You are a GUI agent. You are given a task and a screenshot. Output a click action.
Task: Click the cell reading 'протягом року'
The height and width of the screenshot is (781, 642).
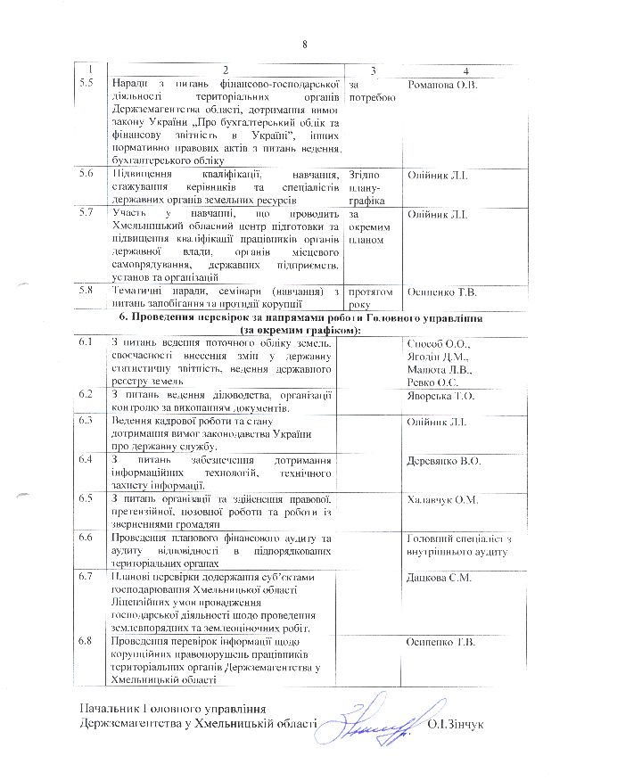tap(370, 297)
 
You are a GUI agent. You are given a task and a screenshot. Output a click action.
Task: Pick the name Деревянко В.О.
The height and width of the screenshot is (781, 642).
tap(443, 460)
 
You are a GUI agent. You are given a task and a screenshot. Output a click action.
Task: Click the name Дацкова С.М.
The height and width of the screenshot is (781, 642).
tap(438, 578)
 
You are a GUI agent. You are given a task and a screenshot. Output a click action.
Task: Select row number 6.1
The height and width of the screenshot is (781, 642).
tap(86, 344)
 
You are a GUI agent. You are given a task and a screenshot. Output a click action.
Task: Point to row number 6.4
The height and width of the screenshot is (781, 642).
tap(86, 460)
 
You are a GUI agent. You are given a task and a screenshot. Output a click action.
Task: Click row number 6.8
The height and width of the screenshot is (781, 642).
tap(86, 642)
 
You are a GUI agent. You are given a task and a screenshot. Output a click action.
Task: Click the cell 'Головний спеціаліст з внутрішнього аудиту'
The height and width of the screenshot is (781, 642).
tap(456, 546)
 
